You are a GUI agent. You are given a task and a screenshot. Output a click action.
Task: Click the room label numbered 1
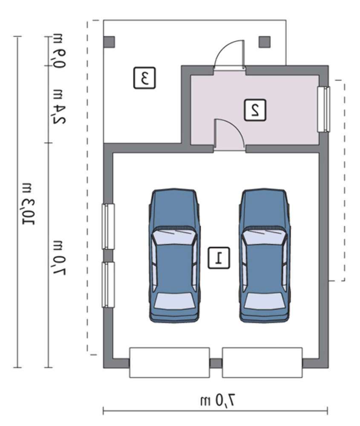point(219,258)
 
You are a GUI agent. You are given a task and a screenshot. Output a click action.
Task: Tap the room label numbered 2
point(255,110)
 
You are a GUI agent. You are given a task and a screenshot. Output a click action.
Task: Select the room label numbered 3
point(144,78)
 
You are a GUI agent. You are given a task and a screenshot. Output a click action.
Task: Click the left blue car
point(174,255)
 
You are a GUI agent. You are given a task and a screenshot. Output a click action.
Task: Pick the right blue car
point(265,255)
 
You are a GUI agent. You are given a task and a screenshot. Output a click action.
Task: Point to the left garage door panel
point(169,363)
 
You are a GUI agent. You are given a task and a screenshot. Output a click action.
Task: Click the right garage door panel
point(262,363)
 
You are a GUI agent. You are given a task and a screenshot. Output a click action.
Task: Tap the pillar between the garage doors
point(216,363)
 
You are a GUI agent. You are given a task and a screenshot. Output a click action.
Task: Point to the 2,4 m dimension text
point(59,106)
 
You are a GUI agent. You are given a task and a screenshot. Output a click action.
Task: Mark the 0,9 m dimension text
point(59,51)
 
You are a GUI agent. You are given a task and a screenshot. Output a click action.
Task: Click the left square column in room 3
point(109,42)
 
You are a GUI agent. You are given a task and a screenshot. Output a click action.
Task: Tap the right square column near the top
point(265,42)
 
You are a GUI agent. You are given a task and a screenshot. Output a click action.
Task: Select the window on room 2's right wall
point(324,109)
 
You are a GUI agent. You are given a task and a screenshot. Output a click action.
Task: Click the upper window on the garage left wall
point(108,227)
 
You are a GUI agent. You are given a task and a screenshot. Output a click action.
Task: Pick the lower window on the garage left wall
point(108,285)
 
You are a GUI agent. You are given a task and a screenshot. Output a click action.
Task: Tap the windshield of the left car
point(174,236)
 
